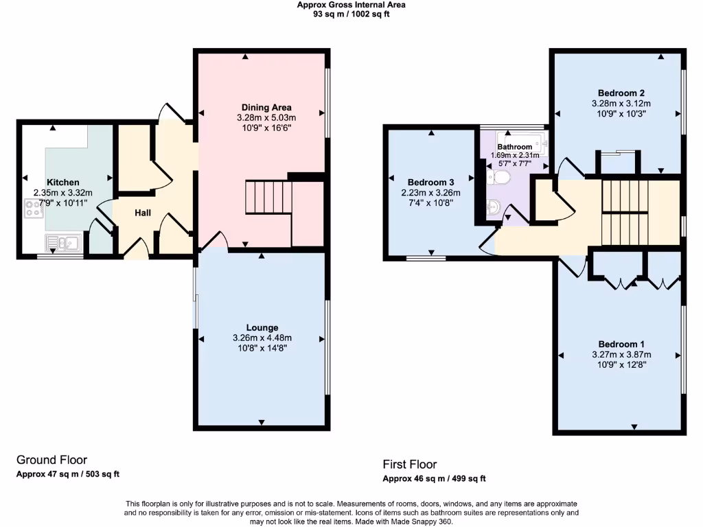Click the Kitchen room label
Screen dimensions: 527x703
[62, 183]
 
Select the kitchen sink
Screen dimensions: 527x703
[62, 242]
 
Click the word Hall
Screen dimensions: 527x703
[143, 213]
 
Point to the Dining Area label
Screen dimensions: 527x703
[266, 107]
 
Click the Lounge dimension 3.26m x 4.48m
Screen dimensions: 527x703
[262, 338]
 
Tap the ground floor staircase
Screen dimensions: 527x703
[268, 198]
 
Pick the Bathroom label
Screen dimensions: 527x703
[514, 147]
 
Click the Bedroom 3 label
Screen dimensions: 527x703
[430, 182]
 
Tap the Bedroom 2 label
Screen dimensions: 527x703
[621, 93]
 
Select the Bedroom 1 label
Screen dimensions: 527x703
[621, 344]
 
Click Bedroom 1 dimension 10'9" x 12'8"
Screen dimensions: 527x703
[621, 364]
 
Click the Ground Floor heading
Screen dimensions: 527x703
[51, 460]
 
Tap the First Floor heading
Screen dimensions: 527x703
[410, 465]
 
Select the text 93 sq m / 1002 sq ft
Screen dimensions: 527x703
[351, 14]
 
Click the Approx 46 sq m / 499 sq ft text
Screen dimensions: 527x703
[434, 479]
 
